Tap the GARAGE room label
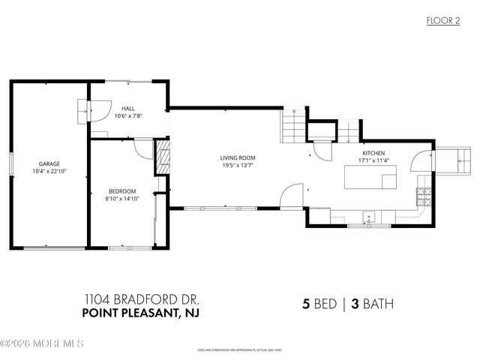49,163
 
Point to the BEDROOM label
121,191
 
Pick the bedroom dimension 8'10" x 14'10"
121,199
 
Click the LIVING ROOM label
236,157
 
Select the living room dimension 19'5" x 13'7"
236,166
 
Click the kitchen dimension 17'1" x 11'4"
373,160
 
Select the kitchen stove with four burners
424,197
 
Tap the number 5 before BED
305,304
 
